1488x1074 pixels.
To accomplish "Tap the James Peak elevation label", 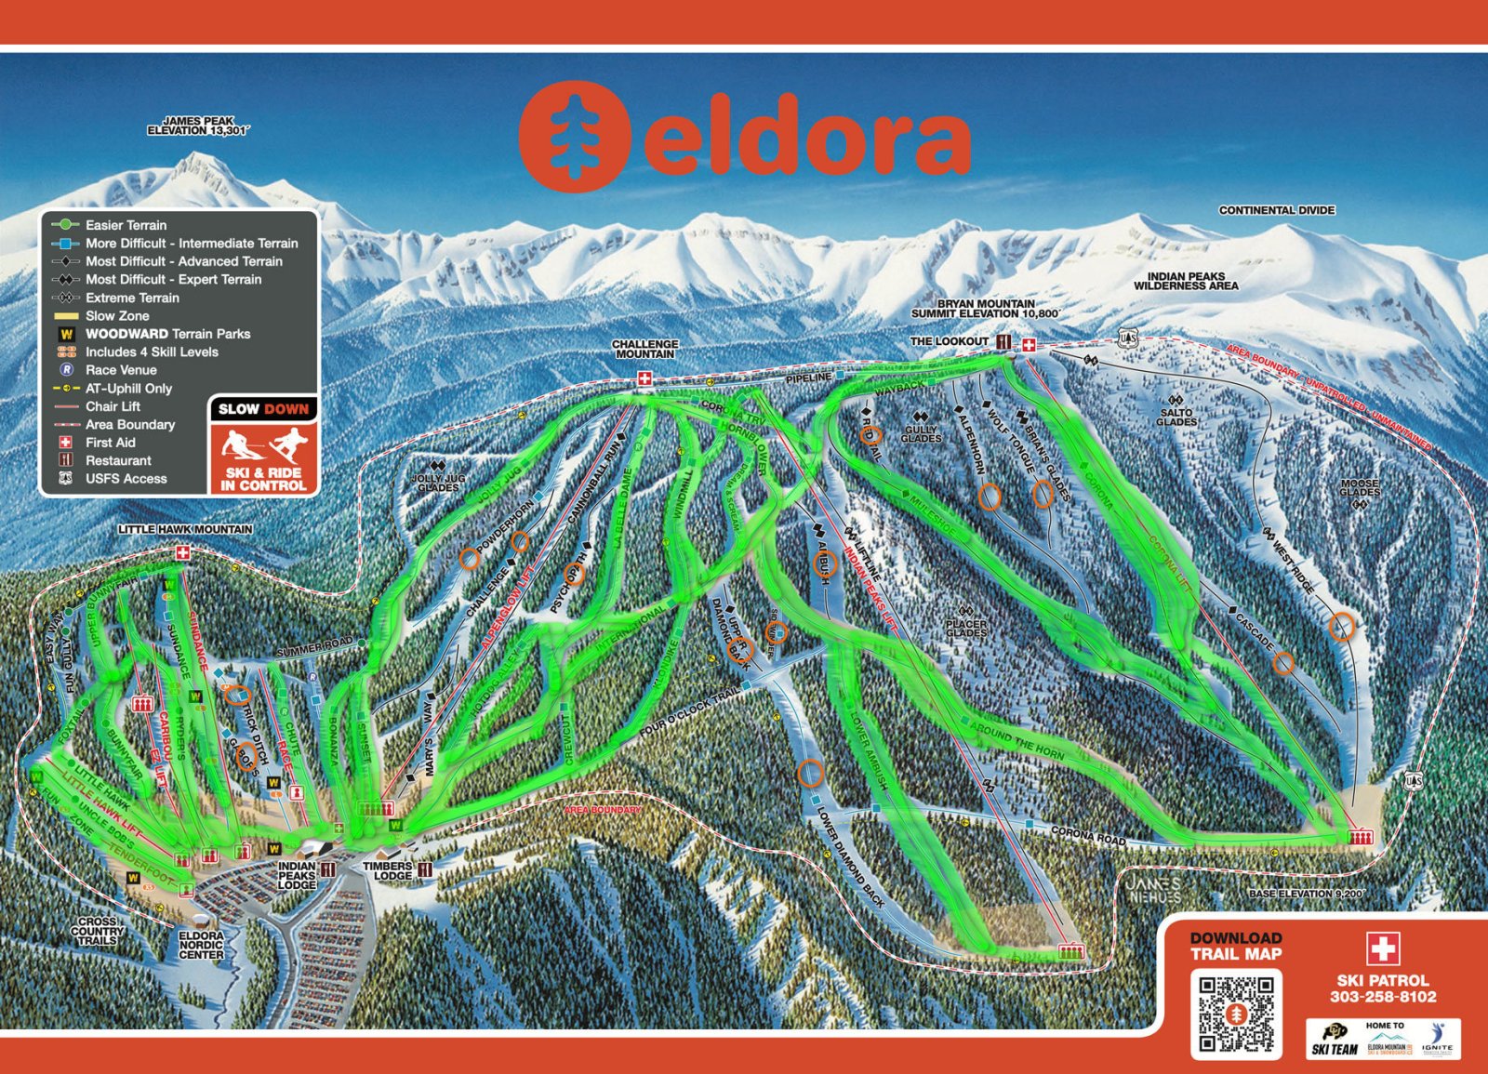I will (x=198, y=126).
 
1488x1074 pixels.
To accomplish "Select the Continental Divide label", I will (x=1277, y=211).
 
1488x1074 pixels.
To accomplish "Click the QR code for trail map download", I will (x=1236, y=1014).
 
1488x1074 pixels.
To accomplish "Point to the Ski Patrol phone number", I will (x=1383, y=997).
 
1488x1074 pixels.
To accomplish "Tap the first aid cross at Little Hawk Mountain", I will (x=183, y=553).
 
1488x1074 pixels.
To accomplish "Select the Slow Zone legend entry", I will (x=116, y=316).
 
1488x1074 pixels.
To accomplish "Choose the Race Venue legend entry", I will (x=120, y=370).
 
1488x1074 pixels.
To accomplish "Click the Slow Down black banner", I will (x=264, y=409).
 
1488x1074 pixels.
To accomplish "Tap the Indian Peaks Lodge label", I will (x=297, y=875).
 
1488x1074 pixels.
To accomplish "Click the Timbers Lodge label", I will (x=388, y=871).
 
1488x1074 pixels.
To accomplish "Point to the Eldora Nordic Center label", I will (x=201, y=945).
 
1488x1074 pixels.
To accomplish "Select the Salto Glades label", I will (x=1176, y=418).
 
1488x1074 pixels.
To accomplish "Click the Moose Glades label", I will (x=1360, y=487).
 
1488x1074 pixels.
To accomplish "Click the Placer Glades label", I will (x=966, y=629).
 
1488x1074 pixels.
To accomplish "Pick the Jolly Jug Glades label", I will (x=438, y=483).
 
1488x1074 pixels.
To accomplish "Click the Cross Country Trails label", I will (x=97, y=931).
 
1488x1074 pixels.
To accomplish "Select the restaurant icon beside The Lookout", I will (x=1003, y=343).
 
